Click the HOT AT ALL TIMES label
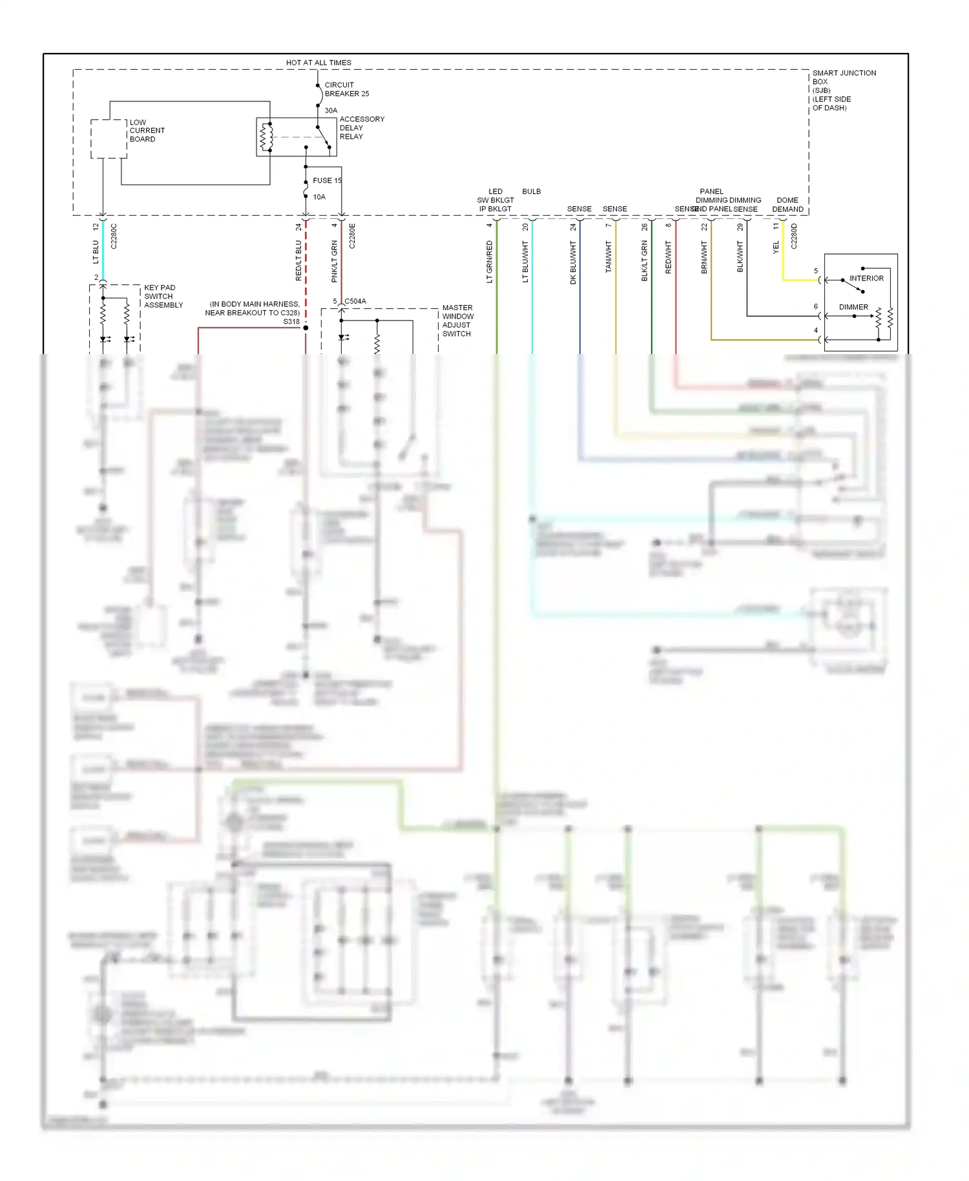point(318,63)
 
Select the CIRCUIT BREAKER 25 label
point(346,89)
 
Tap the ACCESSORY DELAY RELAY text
point(361,128)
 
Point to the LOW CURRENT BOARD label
point(147,131)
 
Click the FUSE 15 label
point(327,180)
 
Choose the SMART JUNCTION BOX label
point(843,90)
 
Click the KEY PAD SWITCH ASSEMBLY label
point(163,296)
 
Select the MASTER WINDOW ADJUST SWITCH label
point(457,320)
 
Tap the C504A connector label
point(355,301)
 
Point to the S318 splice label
point(291,321)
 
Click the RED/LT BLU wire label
point(298,261)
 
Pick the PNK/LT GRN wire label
point(334,261)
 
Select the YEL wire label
point(776,247)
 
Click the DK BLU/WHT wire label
point(572,262)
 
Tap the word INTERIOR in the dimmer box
point(866,278)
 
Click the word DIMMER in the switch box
point(853,307)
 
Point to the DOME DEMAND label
point(787,205)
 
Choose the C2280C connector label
point(114,236)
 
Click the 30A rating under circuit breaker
point(331,110)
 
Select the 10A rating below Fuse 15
point(319,197)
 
